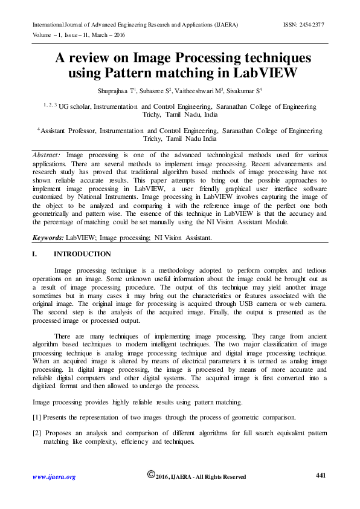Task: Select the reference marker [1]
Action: pos(37,417)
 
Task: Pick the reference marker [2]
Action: pos(37,433)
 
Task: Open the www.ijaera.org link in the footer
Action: pos(53,477)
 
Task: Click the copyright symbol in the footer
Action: pos(151,475)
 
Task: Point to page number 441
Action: pos(321,476)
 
